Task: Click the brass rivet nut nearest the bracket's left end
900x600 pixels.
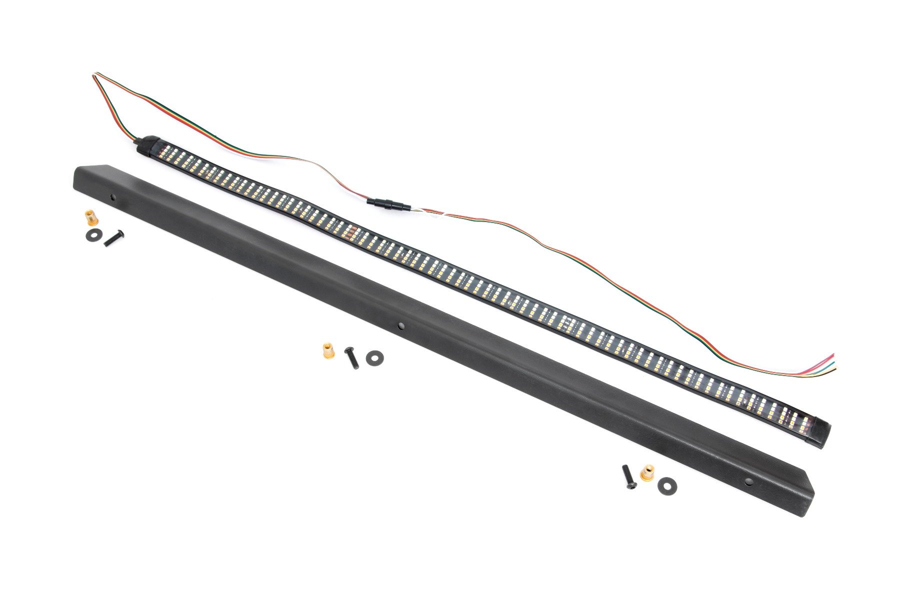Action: pyautogui.click(x=90, y=218)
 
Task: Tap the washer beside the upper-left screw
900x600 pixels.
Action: pyautogui.click(x=92, y=234)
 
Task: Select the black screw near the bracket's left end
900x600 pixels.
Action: pyautogui.click(x=113, y=237)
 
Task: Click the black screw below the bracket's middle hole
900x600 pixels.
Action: pyautogui.click(x=352, y=358)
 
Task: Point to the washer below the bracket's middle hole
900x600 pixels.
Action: pyautogui.click(x=374, y=357)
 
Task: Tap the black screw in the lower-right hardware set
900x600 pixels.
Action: pyautogui.click(x=628, y=476)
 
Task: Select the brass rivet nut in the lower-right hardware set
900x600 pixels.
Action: pyautogui.click(x=647, y=471)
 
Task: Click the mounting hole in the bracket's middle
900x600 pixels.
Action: pyautogui.click(x=401, y=326)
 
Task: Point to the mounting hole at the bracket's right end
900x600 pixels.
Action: pyautogui.click(x=748, y=482)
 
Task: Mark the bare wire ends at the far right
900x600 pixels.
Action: pyautogui.click(x=832, y=364)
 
